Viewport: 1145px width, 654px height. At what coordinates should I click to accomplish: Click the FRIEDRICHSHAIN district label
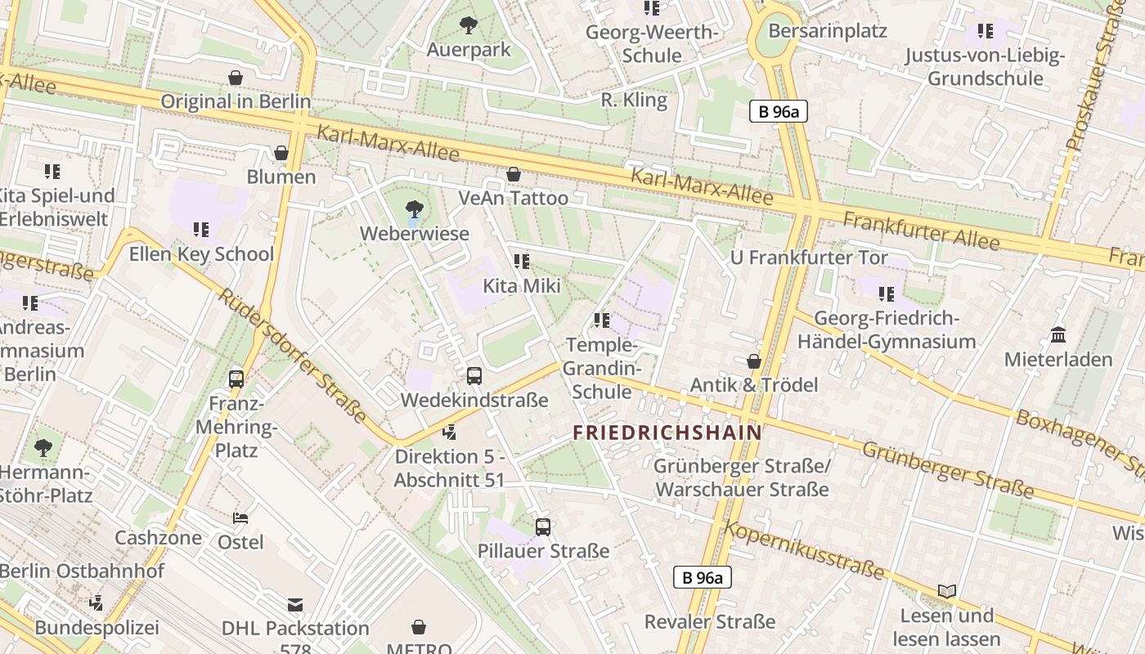click(x=667, y=432)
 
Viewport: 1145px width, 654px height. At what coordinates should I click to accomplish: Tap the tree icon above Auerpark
click(x=469, y=25)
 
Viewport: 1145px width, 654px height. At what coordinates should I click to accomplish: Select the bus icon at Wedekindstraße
click(x=474, y=376)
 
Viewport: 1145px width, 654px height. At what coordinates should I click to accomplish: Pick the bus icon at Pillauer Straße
click(x=543, y=527)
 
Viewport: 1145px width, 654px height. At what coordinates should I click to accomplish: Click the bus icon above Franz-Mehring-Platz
click(x=236, y=379)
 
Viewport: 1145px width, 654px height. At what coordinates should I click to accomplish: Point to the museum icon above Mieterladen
click(x=1058, y=335)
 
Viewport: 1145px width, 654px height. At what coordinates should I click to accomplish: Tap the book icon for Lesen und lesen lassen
click(x=947, y=591)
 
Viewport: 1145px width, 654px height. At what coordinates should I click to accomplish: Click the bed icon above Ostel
click(x=240, y=518)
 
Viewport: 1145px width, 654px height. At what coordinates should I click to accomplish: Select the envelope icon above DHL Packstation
click(x=295, y=605)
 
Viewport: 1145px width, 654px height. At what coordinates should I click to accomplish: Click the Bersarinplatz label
click(x=828, y=31)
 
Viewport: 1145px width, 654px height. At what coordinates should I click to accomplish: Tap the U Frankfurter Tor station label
click(x=809, y=258)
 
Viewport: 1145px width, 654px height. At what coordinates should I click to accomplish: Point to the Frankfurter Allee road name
click(x=921, y=231)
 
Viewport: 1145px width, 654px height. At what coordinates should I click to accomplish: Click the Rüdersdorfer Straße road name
click(x=291, y=354)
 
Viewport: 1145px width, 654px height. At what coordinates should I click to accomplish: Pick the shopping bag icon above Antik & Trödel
click(x=754, y=361)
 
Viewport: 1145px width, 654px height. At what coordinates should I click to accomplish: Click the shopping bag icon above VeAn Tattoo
click(x=514, y=174)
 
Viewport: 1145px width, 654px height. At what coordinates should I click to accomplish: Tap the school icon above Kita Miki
click(x=522, y=262)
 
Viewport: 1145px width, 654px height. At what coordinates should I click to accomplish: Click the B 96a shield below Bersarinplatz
click(x=779, y=112)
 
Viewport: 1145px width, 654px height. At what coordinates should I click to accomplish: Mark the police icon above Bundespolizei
click(x=97, y=603)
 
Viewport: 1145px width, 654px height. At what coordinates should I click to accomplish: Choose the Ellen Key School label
click(x=201, y=254)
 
